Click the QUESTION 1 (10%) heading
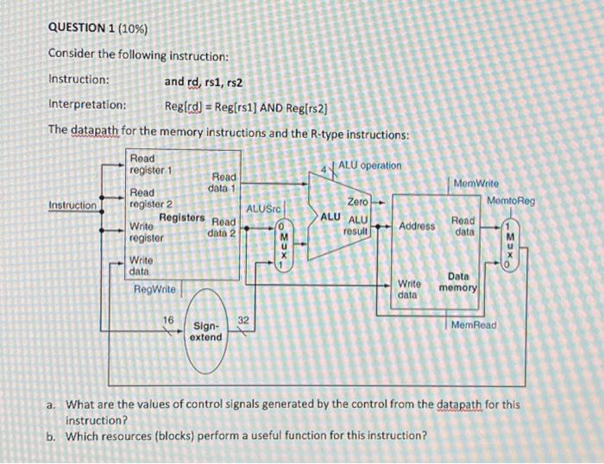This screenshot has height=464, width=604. pos(98,29)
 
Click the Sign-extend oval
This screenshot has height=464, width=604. pos(207,331)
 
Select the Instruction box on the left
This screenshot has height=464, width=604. pos(73,205)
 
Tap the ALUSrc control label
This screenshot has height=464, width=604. pos(261,209)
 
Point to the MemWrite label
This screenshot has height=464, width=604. pos(475,184)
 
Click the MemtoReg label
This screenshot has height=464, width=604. pos(511,201)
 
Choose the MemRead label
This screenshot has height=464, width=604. pos(474,325)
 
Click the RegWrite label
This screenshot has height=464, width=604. pos(154,289)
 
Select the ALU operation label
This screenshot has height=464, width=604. pos(369,165)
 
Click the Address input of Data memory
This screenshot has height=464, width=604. pos(417,226)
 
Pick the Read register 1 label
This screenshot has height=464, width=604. pos(150,164)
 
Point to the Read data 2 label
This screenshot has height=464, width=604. pos(223,227)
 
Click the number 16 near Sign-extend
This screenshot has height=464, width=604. pos(170,320)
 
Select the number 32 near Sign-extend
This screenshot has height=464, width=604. pos(243,320)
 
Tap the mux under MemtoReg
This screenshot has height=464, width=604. pos(509,245)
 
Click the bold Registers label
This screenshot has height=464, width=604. pos(182,217)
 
